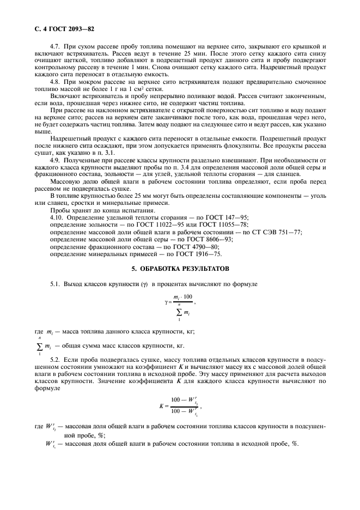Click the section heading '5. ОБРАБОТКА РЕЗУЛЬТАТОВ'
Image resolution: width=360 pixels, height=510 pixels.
tap(179, 269)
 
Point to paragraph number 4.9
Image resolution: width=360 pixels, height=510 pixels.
tap(54, 161)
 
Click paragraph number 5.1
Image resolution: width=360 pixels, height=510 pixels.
tap(54, 284)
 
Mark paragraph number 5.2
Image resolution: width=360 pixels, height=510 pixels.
tap(54, 360)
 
